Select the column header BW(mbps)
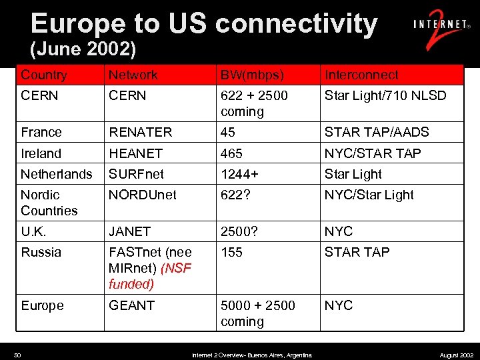point(252,75)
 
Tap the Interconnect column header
point(361,75)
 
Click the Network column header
point(133,75)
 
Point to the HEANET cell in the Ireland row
point(135,153)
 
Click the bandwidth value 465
point(231,153)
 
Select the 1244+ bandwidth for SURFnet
point(239,174)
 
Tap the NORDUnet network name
point(143,195)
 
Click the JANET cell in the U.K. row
point(129,231)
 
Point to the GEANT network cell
point(131,305)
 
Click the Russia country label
point(41,252)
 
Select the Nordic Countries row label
point(49,203)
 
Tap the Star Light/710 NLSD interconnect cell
point(385,95)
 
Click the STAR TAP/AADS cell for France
point(377,132)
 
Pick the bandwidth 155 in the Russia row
point(231,252)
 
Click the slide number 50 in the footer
point(18,355)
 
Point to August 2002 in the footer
point(457,355)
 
